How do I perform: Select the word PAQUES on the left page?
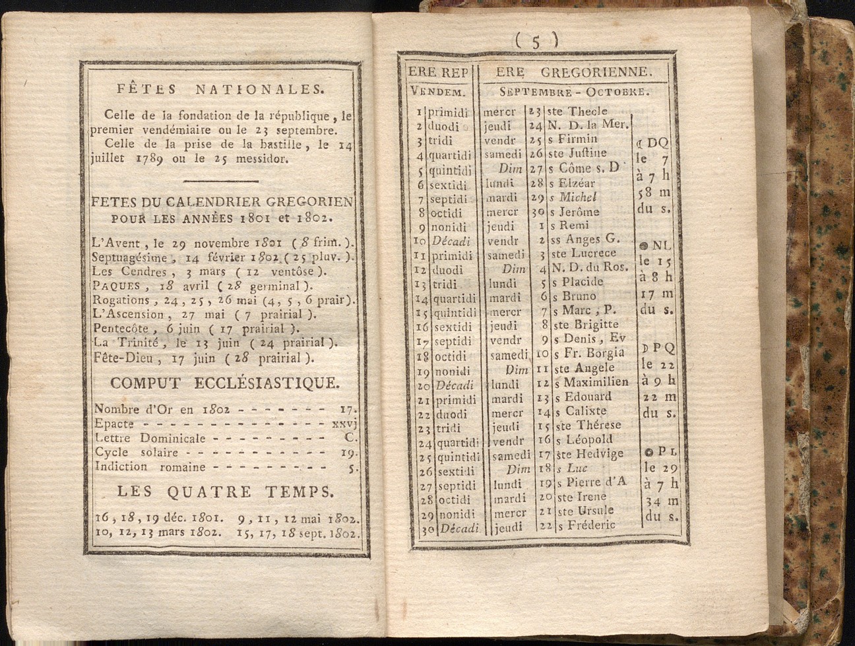point(116,286)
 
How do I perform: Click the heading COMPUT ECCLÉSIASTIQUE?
point(225,383)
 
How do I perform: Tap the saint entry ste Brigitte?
point(585,324)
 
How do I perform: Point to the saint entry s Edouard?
point(582,397)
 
